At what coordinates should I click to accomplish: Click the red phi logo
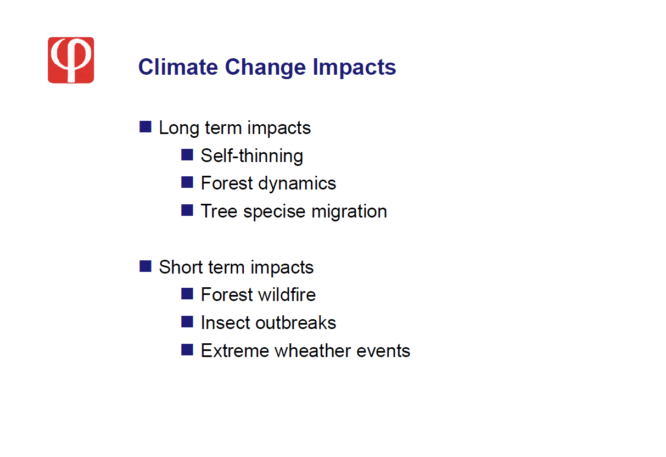71,60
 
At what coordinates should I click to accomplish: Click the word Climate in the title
178,67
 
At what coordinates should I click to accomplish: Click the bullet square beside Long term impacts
145,127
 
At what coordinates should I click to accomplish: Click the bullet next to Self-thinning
187,155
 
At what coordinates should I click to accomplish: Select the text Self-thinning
252,155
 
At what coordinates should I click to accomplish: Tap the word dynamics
297,183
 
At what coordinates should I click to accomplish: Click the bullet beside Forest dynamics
187,182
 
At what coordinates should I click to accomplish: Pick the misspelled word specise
274,212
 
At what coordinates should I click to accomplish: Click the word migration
349,212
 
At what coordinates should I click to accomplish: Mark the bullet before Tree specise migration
187,210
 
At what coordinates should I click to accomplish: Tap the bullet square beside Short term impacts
145,266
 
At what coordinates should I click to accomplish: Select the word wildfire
287,294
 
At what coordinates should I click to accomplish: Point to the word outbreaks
295,322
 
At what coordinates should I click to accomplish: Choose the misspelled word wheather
312,350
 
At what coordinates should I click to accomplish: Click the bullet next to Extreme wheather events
187,349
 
